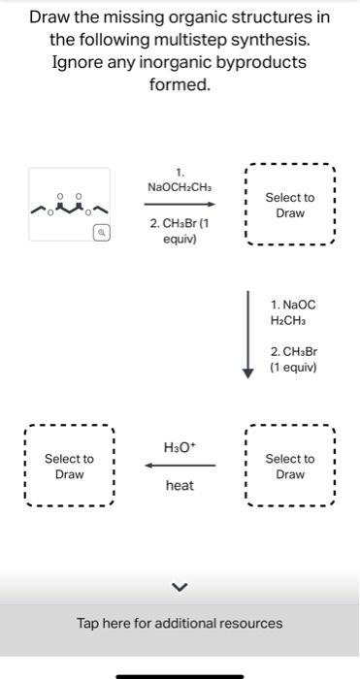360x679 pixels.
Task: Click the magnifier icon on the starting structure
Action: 100,233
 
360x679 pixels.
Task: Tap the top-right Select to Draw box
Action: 290,205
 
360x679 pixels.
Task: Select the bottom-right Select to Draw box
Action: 290,466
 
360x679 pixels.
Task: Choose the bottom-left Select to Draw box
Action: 69,466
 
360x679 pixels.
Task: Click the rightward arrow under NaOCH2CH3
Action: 179,205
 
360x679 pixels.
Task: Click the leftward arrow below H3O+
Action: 179,466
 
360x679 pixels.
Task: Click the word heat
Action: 180,485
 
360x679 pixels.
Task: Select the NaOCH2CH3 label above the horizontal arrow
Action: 180,186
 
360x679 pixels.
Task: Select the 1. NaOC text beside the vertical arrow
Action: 293,305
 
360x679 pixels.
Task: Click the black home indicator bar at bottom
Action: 180,675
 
